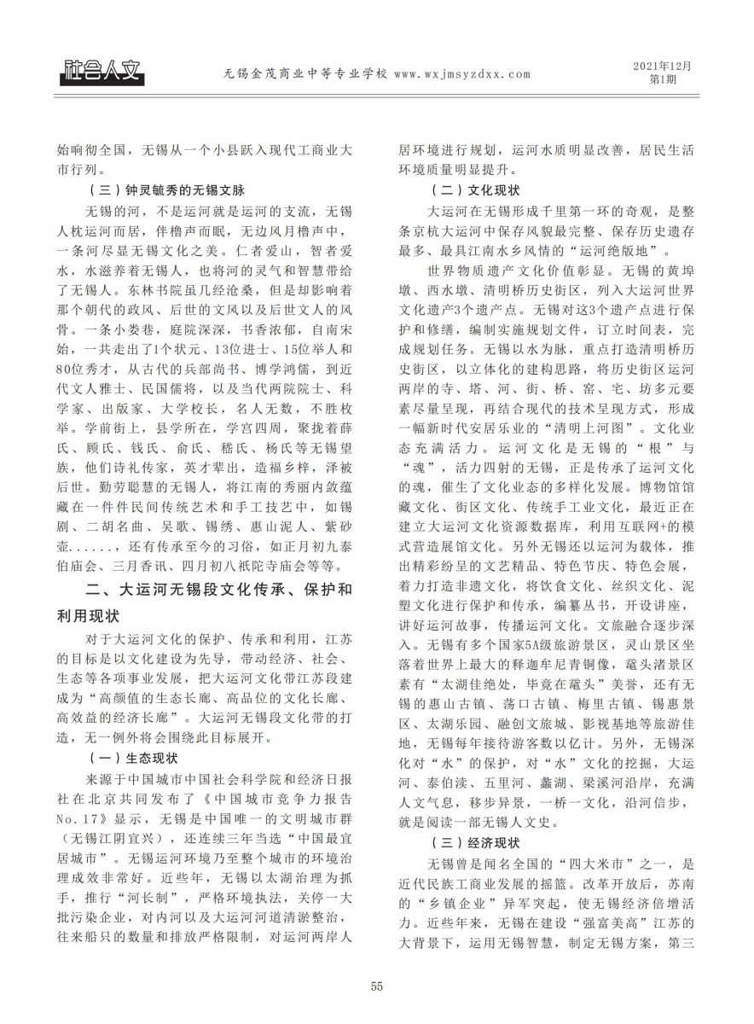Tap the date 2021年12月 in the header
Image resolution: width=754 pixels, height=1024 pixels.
(663, 66)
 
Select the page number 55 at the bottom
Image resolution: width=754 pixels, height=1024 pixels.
(377, 987)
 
